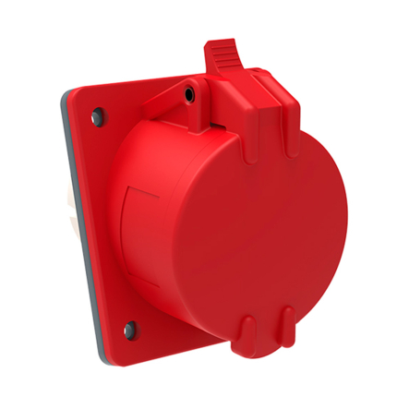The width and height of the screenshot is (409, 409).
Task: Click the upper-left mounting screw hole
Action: [95, 117]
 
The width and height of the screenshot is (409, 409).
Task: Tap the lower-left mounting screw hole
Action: [128, 325]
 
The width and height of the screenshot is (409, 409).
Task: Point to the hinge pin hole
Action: [188, 93]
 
